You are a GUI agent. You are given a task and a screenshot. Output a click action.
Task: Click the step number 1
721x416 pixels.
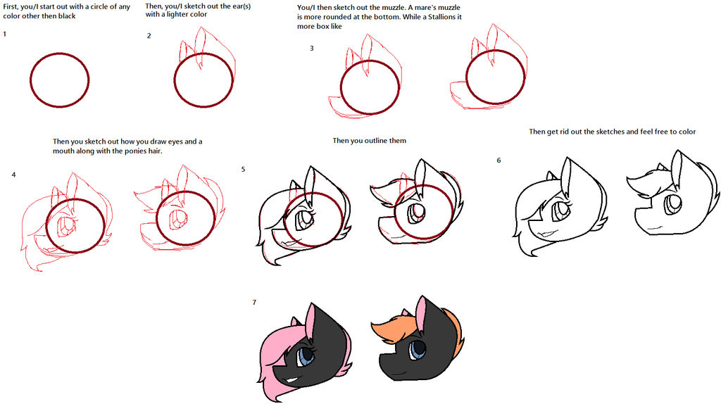click(x=5, y=34)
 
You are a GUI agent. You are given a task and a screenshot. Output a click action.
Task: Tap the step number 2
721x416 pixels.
click(x=149, y=36)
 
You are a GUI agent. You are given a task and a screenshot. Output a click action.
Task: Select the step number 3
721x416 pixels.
click(x=311, y=48)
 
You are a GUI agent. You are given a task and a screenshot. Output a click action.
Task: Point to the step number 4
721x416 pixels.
click(x=13, y=174)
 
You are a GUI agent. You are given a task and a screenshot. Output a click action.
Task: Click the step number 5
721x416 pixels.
click(x=243, y=170)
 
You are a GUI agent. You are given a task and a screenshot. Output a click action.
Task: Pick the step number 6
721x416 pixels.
click(x=499, y=160)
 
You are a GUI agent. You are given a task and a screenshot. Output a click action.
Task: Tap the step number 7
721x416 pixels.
click(x=254, y=303)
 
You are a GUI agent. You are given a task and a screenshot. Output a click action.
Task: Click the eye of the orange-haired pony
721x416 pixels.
click(x=418, y=348)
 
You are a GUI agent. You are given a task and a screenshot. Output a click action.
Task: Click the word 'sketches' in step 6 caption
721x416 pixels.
click(x=601, y=132)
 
